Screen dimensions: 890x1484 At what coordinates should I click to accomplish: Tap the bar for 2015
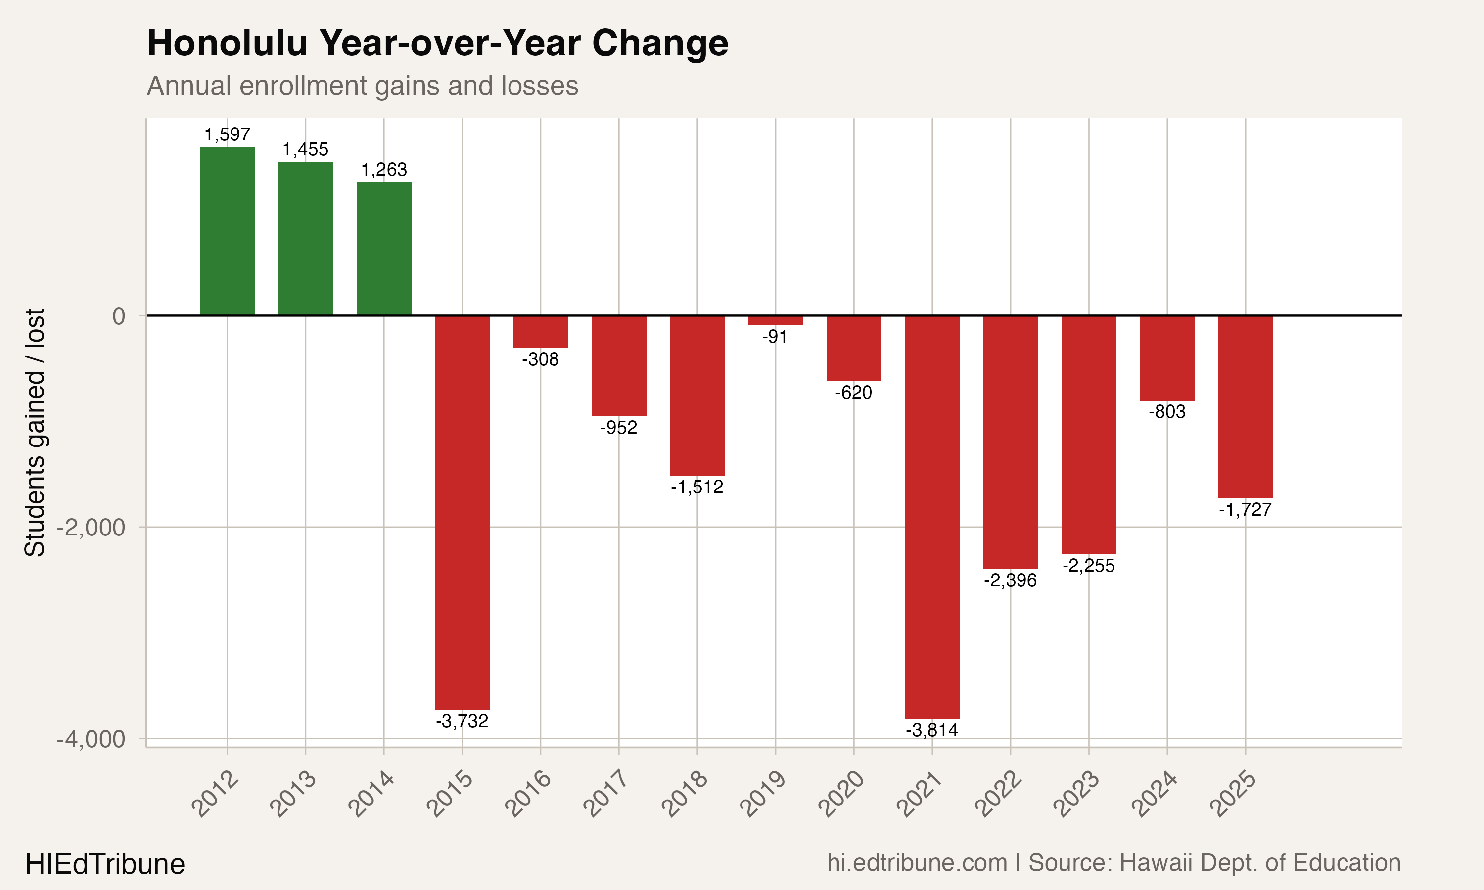click(462, 513)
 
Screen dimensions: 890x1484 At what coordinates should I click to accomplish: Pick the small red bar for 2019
click(775, 320)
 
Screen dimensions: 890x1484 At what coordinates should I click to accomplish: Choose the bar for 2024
click(1167, 358)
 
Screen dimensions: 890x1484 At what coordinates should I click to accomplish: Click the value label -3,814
click(931, 730)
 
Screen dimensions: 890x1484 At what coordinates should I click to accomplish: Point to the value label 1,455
click(305, 149)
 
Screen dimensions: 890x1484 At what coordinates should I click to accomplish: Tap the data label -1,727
click(1245, 510)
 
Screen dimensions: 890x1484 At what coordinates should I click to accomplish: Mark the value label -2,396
click(1010, 580)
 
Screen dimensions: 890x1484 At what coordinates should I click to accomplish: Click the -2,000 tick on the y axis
click(91, 528)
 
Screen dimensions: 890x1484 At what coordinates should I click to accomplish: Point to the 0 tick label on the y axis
click(119, 316)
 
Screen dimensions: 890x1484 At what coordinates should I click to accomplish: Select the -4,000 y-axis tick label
click(91, 739)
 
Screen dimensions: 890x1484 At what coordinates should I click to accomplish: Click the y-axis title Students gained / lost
click(35, 433)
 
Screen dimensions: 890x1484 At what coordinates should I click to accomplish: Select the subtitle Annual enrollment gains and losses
click(362, 86)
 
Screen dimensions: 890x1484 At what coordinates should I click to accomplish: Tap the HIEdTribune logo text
click(105, 864)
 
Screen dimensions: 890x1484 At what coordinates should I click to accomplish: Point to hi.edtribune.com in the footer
click(917, 862)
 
